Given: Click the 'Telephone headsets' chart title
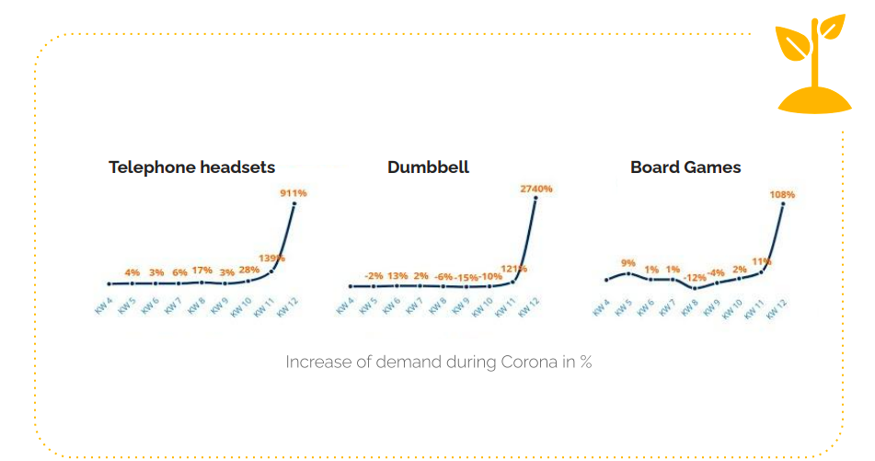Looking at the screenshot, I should point(191,167).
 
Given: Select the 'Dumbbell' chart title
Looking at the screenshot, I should point(428,167).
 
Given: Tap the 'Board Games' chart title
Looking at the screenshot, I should point(685,167).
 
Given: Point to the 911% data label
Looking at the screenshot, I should point(293,193).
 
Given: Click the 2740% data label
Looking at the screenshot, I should point(535,189).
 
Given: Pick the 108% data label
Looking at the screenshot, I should point(782,195).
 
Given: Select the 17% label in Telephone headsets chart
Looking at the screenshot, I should point(201,271).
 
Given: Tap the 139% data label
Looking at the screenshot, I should point(271,259).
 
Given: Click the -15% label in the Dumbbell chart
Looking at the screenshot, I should point(466,277).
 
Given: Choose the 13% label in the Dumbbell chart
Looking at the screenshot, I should point(397,275).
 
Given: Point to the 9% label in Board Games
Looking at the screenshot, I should point(628,262).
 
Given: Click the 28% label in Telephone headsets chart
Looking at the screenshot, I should point(248,270).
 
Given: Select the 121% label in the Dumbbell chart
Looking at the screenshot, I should point(513,269).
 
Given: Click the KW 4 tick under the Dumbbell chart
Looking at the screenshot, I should point(344,305).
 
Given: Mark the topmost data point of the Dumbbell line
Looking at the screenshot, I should point(535,199).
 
